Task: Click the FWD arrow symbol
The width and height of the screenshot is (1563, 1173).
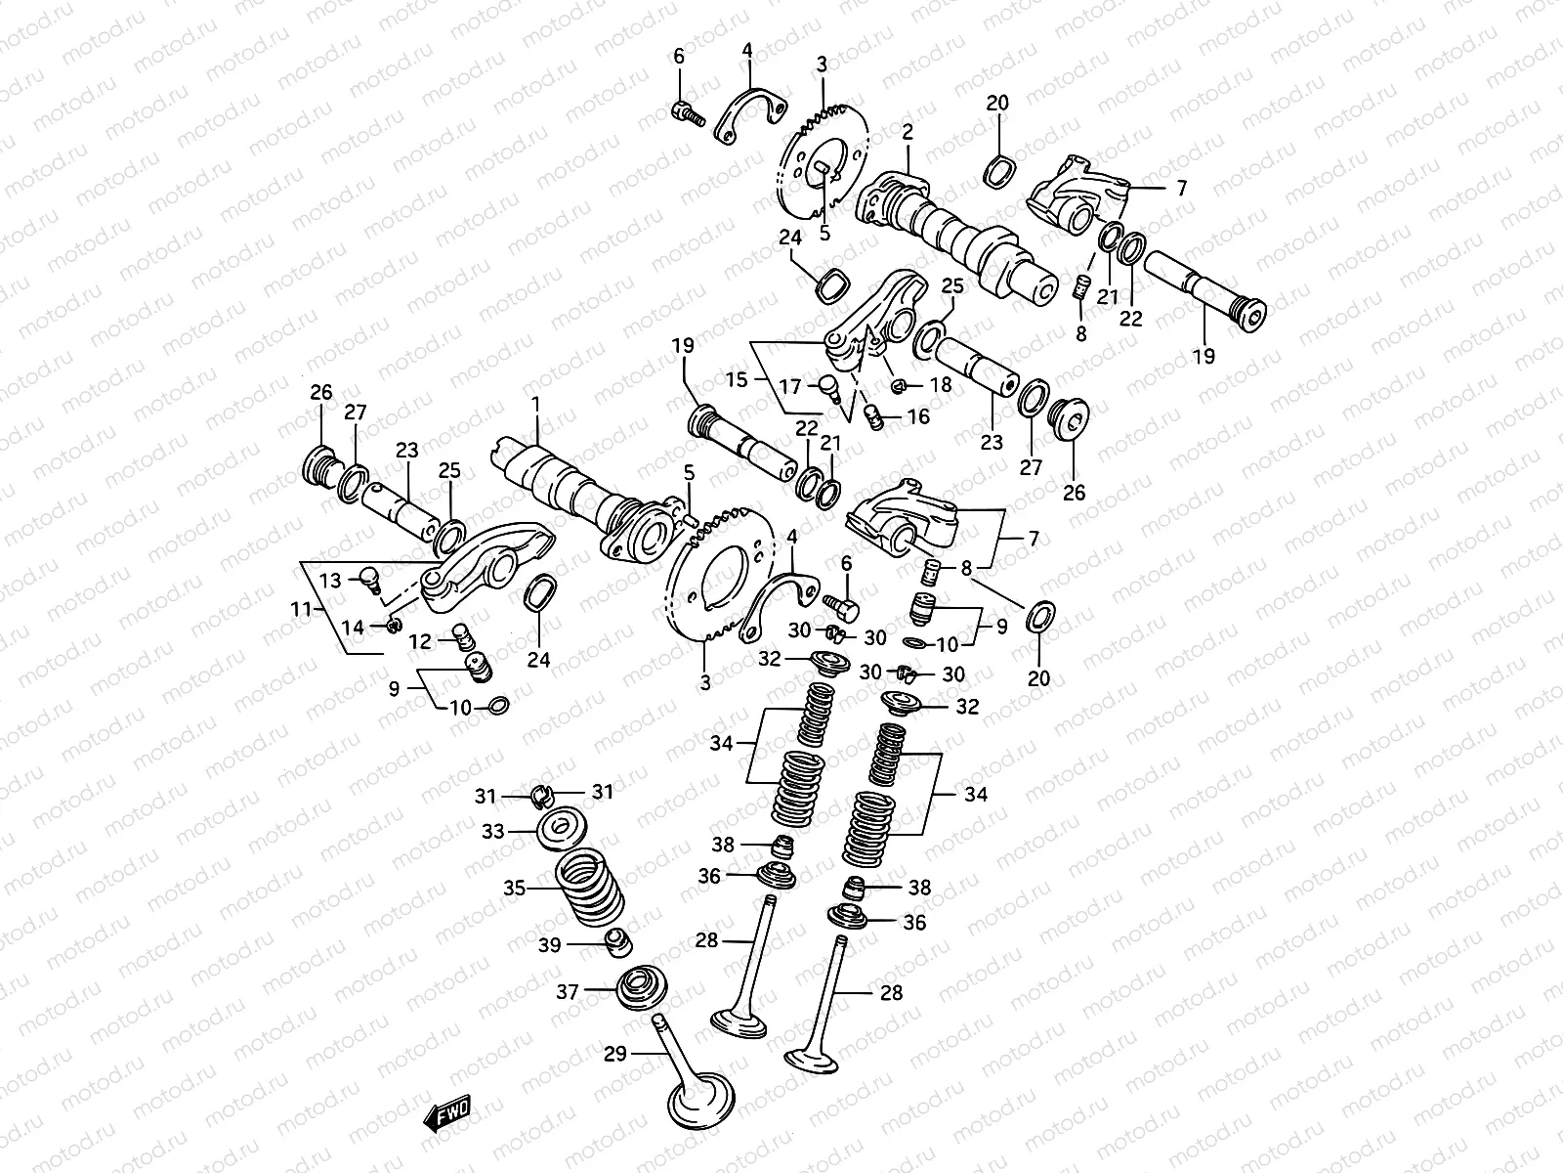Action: [x=446, y=1114]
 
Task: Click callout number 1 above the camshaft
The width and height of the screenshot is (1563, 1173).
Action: [x=535, y=404]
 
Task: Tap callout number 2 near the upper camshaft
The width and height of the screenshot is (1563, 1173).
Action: [x=908, y=132]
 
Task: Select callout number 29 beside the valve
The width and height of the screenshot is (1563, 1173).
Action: [x=614, y=1053]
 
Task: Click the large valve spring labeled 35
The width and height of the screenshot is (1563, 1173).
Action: [x=590, y=892]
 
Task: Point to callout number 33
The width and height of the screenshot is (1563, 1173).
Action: [x=493, y=831]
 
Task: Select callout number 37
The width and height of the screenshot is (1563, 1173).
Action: [x=568, y=992]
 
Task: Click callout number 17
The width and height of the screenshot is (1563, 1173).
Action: [x=788, y=386]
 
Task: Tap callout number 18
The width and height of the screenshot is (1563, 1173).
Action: [x=940, y=385]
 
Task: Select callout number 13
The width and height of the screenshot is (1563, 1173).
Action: [x=331, y=581]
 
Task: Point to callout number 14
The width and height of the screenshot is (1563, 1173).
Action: [x=353, y=627]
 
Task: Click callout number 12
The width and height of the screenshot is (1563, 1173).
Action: [x=419, y=641]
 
